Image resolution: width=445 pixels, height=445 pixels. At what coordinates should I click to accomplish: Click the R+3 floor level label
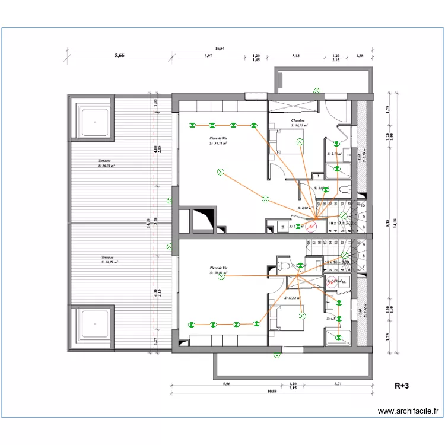click(403, 386)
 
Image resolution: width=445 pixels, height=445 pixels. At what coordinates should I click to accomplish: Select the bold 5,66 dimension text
click(119, 56)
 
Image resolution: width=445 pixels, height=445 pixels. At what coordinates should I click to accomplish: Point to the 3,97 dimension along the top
click(208, 56)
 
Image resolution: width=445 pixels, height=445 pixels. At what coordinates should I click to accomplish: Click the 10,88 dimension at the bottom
click(272, 391)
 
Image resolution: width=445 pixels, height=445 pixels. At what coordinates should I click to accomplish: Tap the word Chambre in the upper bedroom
click(298, 120)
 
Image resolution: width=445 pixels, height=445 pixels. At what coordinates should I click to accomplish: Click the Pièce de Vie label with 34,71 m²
click(219, 140)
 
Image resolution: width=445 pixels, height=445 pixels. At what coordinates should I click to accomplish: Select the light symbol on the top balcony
click(317, 90)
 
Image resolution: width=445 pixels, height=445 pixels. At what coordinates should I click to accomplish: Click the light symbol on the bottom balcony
click(276, 355)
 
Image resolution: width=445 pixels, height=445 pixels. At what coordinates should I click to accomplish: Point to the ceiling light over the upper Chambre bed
click(300, 142)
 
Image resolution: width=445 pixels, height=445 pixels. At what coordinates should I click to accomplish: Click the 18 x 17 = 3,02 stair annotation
click(342, 223)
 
